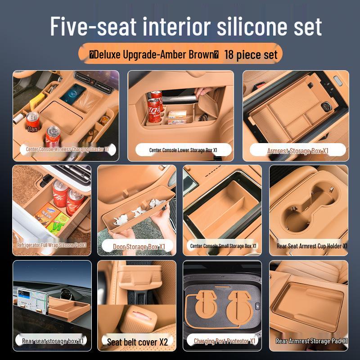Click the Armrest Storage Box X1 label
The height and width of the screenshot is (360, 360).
point(297,151)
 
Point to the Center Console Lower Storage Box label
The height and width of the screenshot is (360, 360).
point(183,150)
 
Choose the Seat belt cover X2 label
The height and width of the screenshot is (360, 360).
point(137,342)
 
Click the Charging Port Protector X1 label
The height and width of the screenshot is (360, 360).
point(225,341)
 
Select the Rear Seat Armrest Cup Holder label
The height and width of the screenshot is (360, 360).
point(312,246)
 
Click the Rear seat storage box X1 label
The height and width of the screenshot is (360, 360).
point(53,341)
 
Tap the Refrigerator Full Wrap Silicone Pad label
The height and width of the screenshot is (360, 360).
point(51,245)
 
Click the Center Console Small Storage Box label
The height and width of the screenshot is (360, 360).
point(223,246)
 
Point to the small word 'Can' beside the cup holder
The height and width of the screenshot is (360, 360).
point(32,129)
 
